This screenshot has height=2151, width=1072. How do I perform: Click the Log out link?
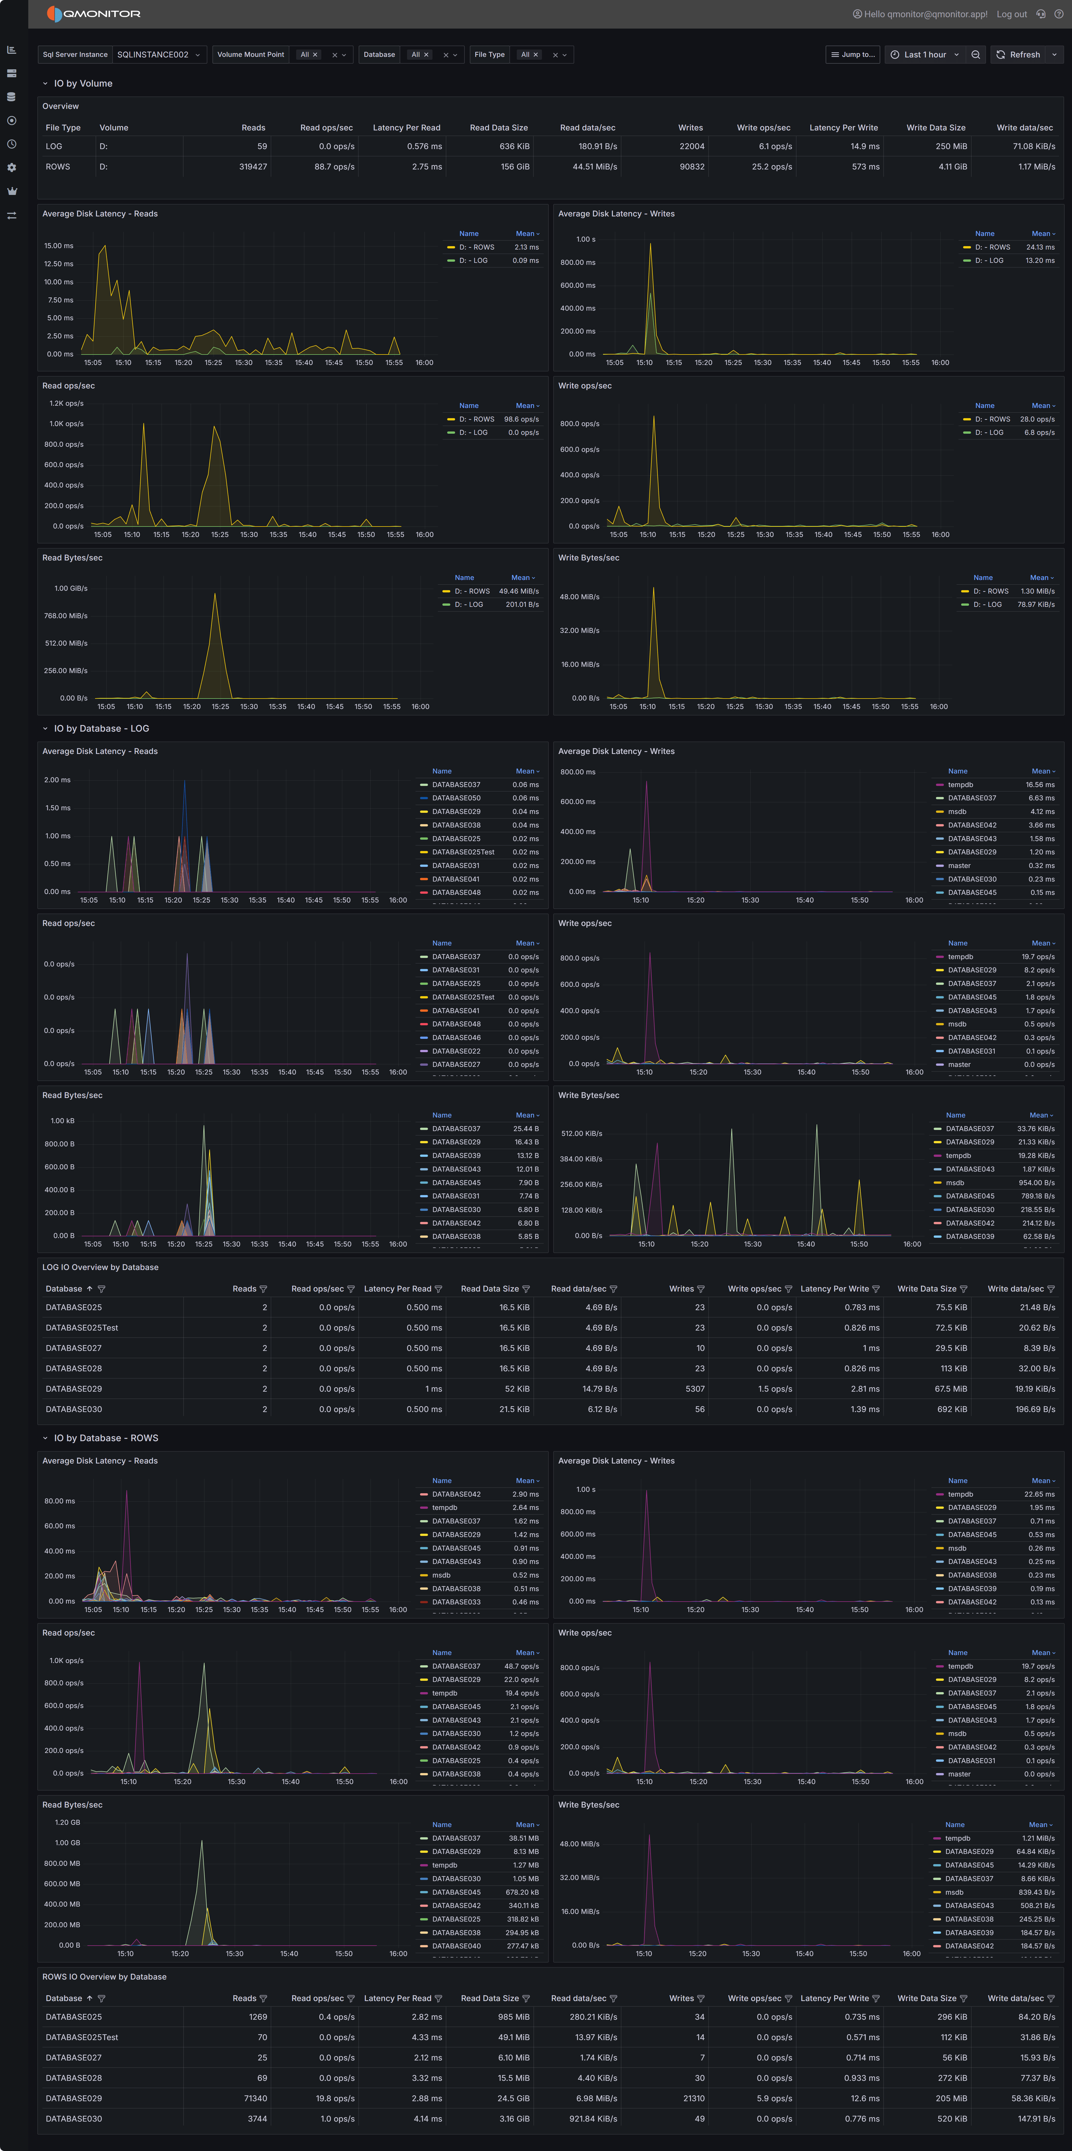pyautogui.click(x=1011, y=14)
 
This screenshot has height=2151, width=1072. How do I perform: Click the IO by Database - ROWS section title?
pyautogui.click(x=106, y=1438)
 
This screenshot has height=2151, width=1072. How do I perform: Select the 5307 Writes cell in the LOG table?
pyautogui.click(x=695, y=1389)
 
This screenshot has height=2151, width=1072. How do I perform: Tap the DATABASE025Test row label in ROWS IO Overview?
pyautogui.click(x=82, y=2038)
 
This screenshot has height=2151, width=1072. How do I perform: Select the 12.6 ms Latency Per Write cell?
pyautogui.click(x=865, y=2098)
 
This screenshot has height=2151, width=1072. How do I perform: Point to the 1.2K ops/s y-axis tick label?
pyautogui.click(x=66, y=403)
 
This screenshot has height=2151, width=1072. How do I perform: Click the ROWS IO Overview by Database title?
pyautogui.click(x=104, y=1976)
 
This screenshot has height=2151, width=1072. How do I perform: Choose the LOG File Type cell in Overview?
pyautogui.click(x=53, y=146)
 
